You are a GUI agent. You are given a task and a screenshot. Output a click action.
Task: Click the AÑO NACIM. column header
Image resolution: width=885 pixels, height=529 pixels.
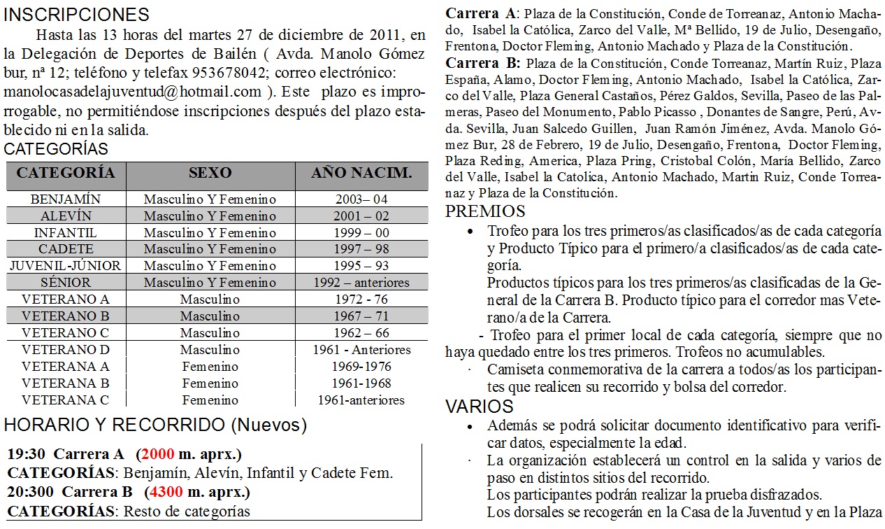361,173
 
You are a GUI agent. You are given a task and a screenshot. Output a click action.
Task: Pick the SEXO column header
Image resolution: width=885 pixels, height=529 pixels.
210,173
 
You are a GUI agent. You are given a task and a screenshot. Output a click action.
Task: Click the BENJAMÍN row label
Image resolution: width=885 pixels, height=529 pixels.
66,199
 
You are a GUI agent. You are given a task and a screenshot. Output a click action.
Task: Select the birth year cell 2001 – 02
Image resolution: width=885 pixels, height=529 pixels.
361,216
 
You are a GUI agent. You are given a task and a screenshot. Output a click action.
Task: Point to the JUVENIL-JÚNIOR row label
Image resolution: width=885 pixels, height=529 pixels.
66,266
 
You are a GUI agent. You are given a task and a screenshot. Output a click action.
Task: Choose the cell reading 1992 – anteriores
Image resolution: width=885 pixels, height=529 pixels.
361,283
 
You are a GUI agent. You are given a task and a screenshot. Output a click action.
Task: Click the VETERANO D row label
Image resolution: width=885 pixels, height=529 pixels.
66,350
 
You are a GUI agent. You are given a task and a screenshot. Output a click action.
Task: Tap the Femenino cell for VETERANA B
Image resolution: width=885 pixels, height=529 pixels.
210,383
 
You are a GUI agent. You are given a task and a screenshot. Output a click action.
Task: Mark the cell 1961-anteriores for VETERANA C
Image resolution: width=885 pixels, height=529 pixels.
361,400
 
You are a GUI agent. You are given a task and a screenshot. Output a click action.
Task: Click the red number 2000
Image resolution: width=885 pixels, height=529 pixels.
157,454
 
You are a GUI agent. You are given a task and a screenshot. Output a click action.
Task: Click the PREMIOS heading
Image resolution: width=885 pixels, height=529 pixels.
485,211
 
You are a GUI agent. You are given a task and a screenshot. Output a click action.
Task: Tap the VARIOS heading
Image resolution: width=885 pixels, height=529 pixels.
480,407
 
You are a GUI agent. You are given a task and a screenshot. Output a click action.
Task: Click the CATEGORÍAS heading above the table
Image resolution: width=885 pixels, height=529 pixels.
56,149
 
